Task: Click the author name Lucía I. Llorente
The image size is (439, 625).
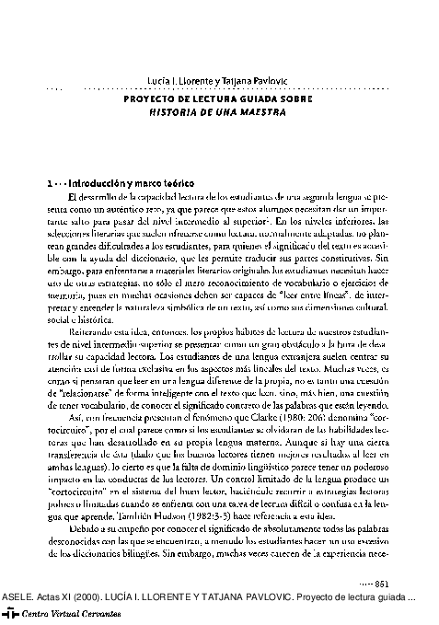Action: [x=173, y=82]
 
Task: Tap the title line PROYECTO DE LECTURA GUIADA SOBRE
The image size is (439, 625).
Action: [x=218, y=98]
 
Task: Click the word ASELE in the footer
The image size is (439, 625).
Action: [x=17, y=596]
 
